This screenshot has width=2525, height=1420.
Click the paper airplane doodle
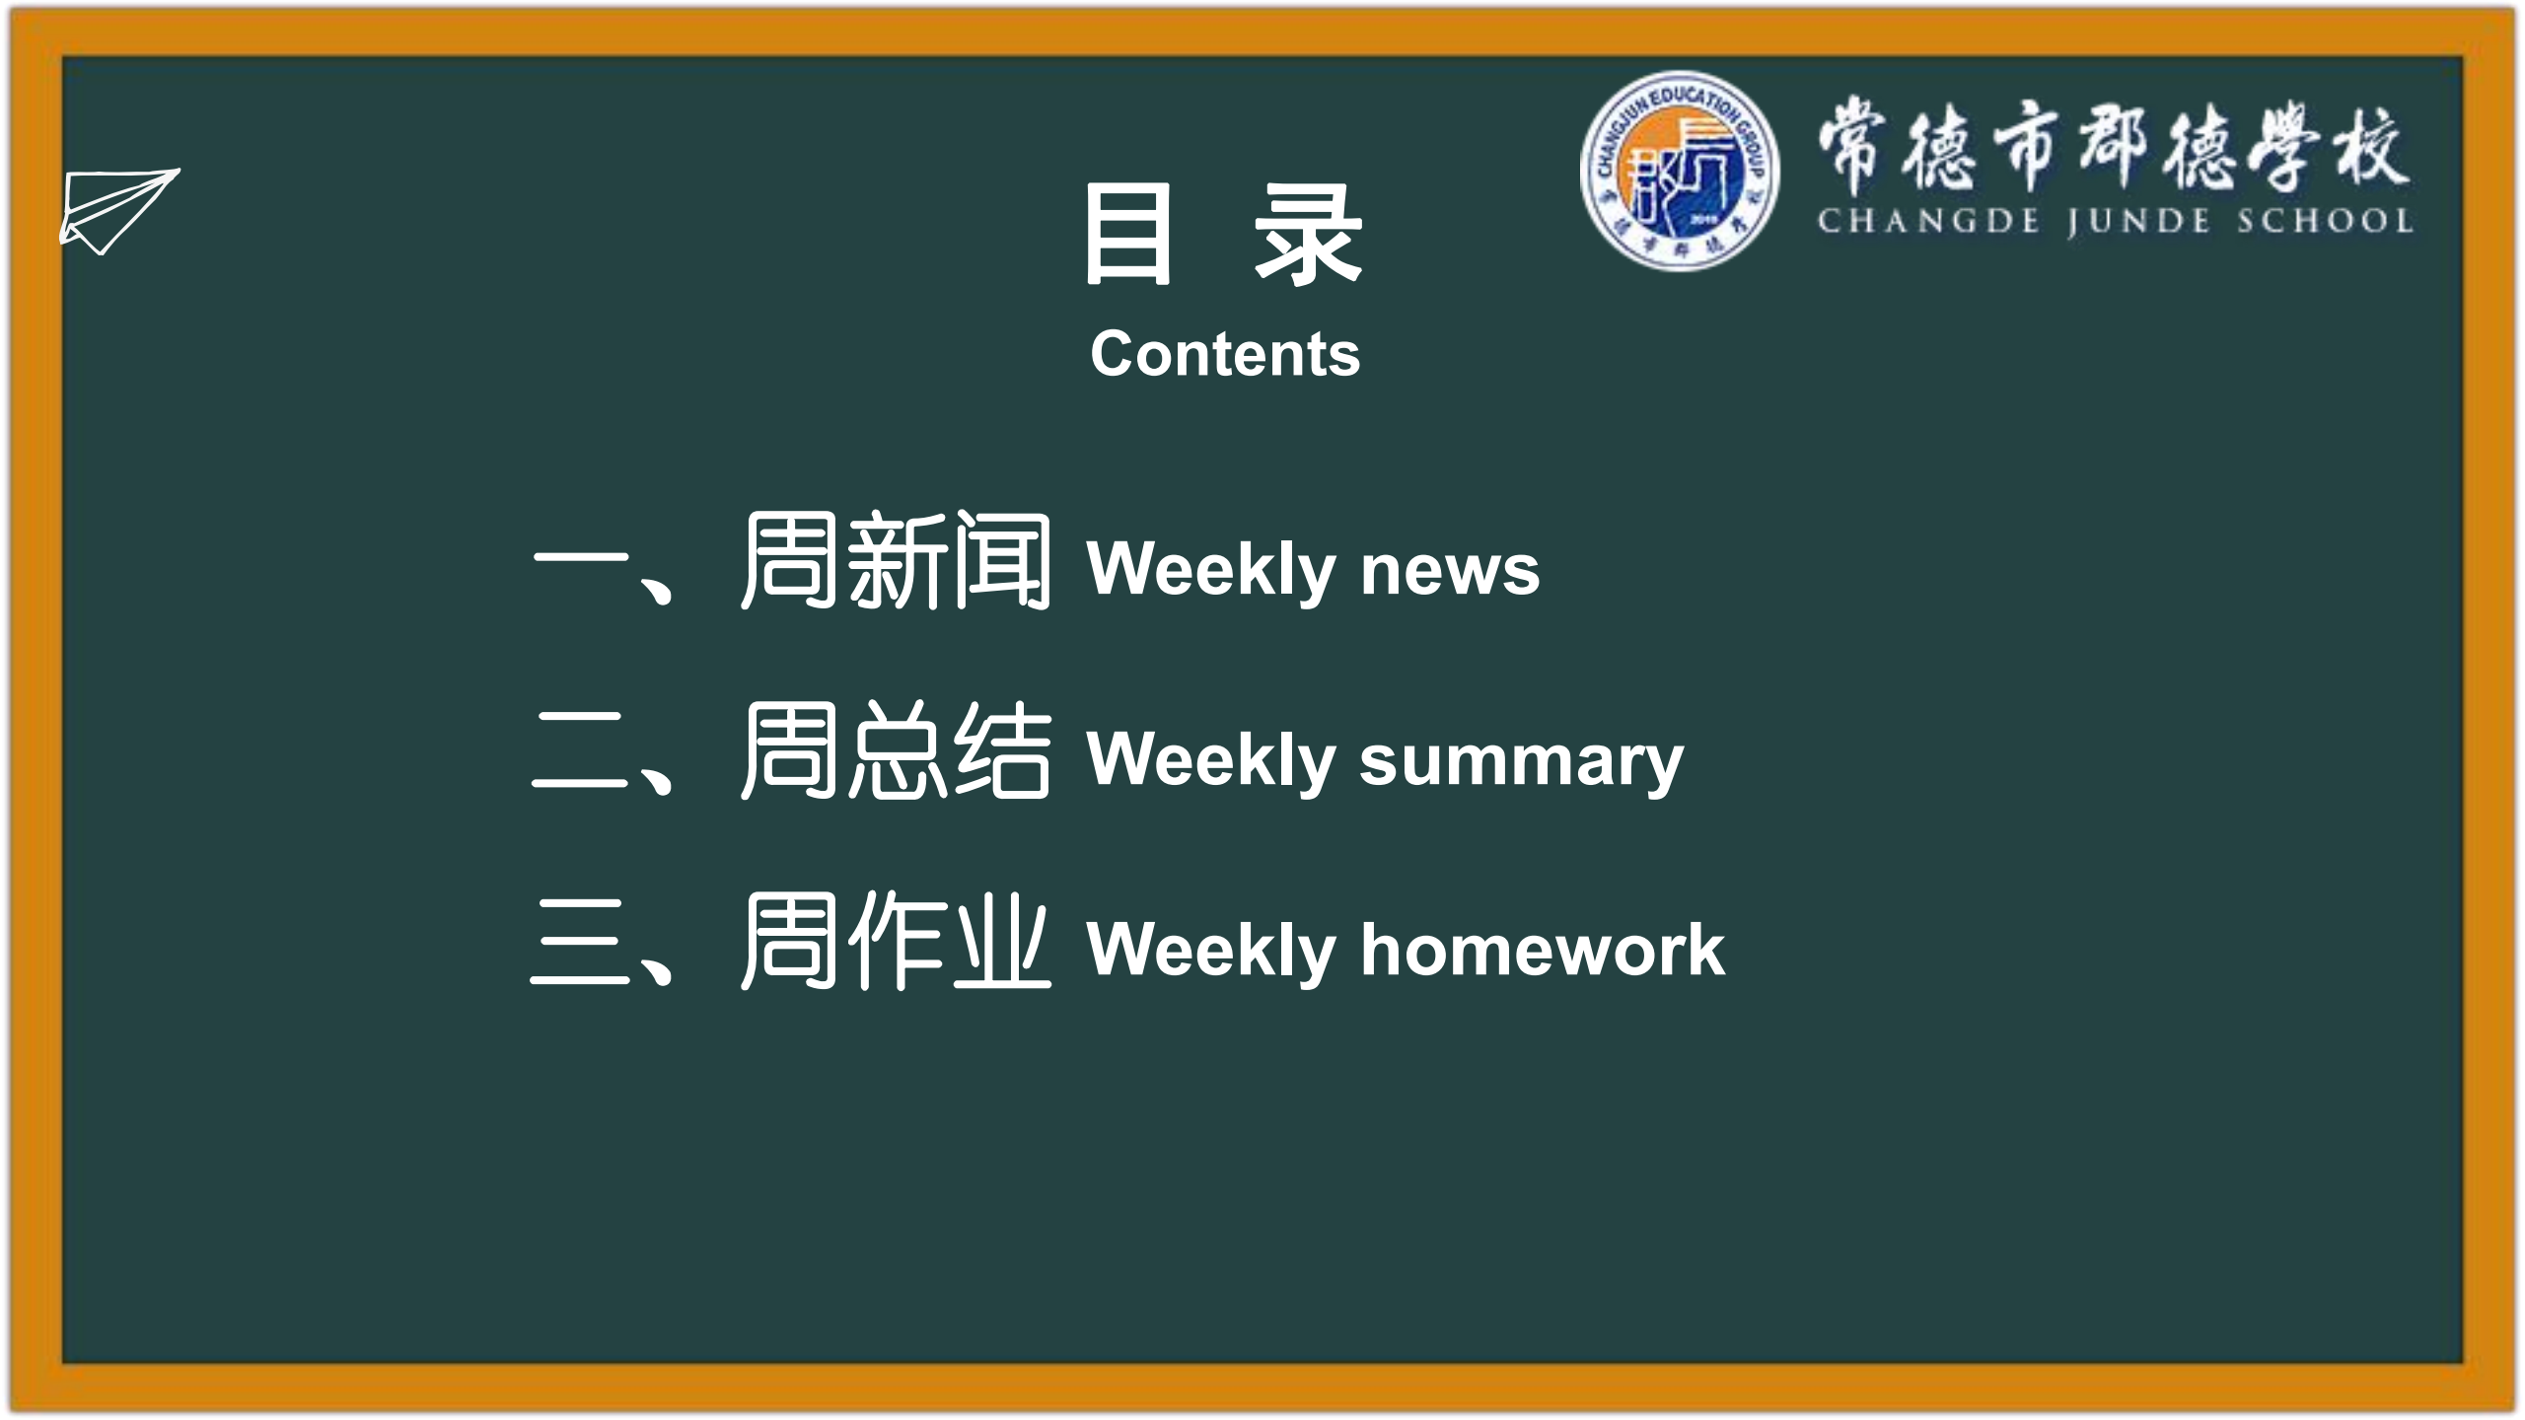pos(118,211)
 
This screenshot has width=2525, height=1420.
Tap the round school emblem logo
pos(1680,171)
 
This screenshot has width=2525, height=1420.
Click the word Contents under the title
pos(1225,354)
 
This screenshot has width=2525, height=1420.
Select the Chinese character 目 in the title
pos(1128,235)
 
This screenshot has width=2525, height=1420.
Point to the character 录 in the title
pos(1308,235)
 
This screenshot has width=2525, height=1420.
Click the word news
pos(1450,571)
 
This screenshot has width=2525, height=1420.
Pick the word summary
pos(1522,762)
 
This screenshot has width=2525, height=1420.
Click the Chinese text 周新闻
pos(896,561)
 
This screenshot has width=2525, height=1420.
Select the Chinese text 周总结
pos(896,750)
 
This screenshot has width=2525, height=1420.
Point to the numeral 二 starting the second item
pos(580,750)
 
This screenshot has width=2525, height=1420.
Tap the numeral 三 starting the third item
pos(580,941)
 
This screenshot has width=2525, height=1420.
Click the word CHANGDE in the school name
pos(1928,221)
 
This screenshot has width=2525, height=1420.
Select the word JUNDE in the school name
pos(2138,222)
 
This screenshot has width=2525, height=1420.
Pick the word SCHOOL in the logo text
pos(2325,220)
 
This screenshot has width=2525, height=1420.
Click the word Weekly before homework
pos(1211,952)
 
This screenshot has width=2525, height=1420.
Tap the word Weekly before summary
pos(1211,761)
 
